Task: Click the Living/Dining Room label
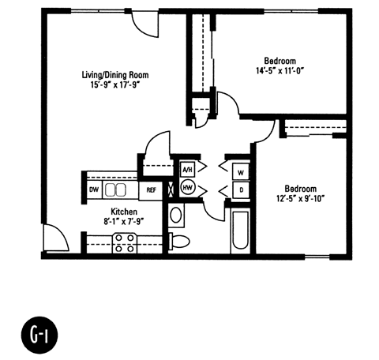tap(115, 75)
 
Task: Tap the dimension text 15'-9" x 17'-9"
tap(115, 86)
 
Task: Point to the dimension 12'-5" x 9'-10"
tap(301, 200)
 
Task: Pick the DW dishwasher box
tap(94, 189)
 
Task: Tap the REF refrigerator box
tap(150, 190)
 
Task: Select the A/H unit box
tap(188, 170)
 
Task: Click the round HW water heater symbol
tap(188, 188)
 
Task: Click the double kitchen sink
tap(116, 189)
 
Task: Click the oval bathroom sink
tap(176, 215)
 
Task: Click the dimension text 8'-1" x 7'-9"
tap(125, 223)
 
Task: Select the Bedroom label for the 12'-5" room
tap(301, 189)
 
